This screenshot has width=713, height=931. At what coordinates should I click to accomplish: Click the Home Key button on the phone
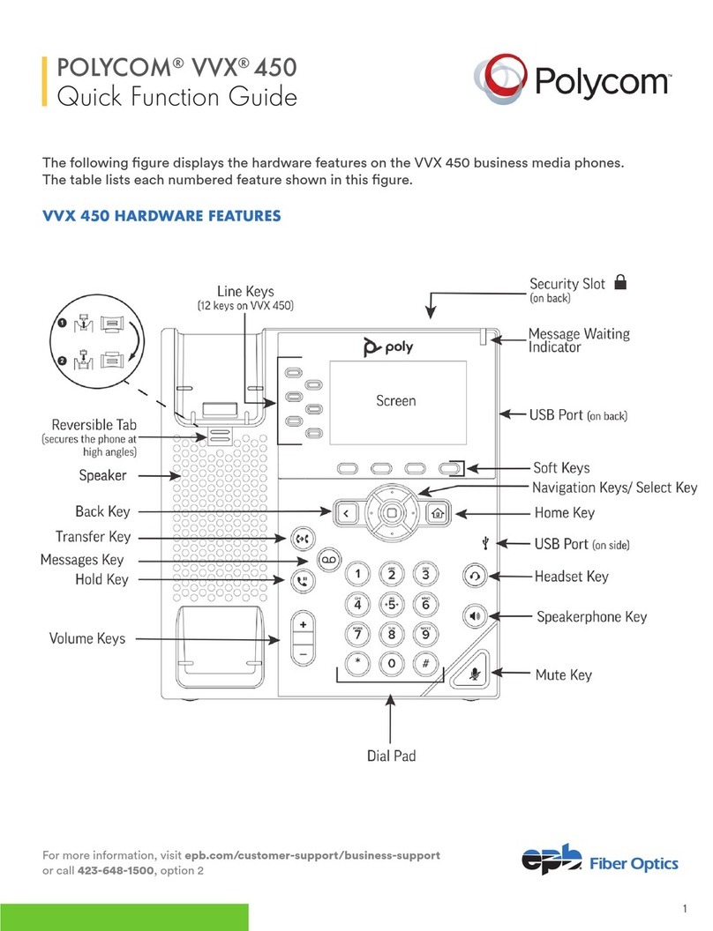[x=436, y=512]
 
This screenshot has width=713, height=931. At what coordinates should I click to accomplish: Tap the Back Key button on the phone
[x=345, y=512]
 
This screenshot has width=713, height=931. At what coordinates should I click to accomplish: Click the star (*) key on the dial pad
[x=357, y=662]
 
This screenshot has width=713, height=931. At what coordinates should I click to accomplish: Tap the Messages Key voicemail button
[x=327, y=560]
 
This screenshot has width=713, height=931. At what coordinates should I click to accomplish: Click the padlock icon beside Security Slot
[x=620, y=282]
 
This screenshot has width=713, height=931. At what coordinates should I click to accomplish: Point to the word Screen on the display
[x=395, y=401]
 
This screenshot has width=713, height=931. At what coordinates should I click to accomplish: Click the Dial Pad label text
[x=390, y=756]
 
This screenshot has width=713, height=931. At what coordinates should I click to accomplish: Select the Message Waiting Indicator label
[x=578, y=340]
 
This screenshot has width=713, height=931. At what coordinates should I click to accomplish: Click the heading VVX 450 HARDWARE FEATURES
[x=162, y=216]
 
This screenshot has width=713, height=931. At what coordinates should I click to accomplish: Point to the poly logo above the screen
[x=388, y=347]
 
